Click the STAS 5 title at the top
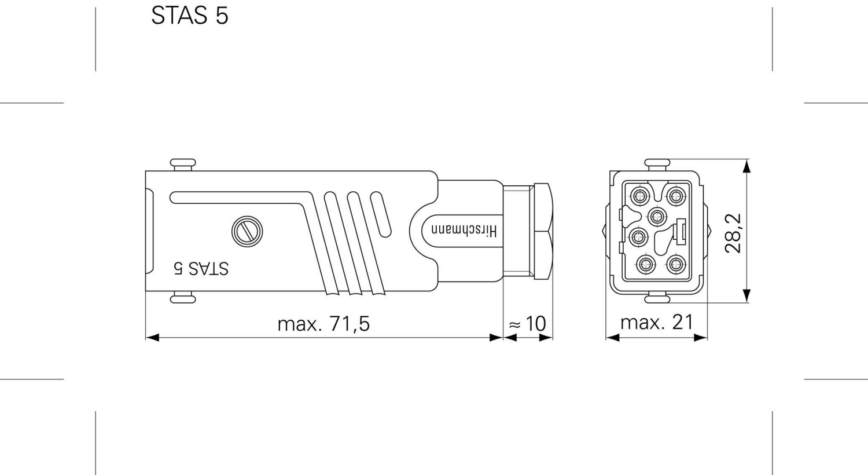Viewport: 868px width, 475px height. tap(190, 16)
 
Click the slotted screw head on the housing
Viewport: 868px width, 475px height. tap(247, 231)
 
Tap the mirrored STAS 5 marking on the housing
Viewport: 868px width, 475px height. tap(201, 268)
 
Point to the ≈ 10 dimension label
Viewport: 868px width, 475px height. tap(527, 324)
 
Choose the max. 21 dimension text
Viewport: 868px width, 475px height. tap(656, 322)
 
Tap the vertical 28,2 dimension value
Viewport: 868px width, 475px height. tap(733, 233)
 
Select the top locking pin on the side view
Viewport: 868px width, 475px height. tap(183, 164)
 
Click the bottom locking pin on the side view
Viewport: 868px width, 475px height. tap(183, 298)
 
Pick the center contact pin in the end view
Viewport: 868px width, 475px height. tap(656, 217)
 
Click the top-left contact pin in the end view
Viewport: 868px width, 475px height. tap(639, 196)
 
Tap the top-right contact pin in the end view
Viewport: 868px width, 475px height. tap(675, 196)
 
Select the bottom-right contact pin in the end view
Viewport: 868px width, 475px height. tap(675, 265)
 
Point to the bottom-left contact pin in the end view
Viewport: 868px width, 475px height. tap(646, 265)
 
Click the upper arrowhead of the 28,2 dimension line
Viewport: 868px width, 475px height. tap(746, 166)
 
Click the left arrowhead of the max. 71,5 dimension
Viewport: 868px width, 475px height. tap(152, 337)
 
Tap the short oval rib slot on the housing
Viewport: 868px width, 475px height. tap(380, 214)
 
